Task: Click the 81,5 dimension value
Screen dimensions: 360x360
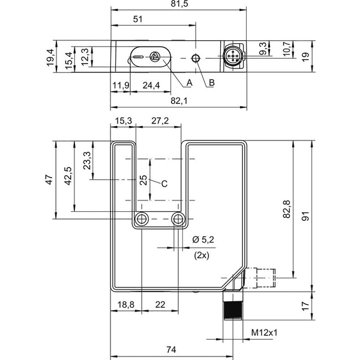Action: [179, 4]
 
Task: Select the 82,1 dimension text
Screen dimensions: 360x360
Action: [179, 101]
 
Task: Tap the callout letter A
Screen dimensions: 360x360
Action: [190, 83]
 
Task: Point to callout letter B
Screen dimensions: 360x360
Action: [211, 83]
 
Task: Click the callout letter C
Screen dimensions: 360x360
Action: [164, 184]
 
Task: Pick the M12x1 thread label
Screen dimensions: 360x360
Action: [264, 332]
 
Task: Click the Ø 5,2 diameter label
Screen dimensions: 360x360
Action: [203, 239]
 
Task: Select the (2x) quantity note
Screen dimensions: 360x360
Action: [202, 256]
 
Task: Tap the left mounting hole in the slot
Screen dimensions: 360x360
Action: [142, 219]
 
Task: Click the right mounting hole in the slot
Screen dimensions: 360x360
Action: [178, 219]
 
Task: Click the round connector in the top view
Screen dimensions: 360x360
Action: [233, 56]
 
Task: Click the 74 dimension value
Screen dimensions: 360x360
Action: [171, 350]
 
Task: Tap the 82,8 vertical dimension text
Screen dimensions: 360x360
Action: [287, 209]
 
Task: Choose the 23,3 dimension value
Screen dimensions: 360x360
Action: [87, 160]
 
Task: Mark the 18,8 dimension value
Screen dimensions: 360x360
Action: [126, 305]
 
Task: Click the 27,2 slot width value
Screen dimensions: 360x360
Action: [160, 121]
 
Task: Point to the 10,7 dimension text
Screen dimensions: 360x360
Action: [287, 49]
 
